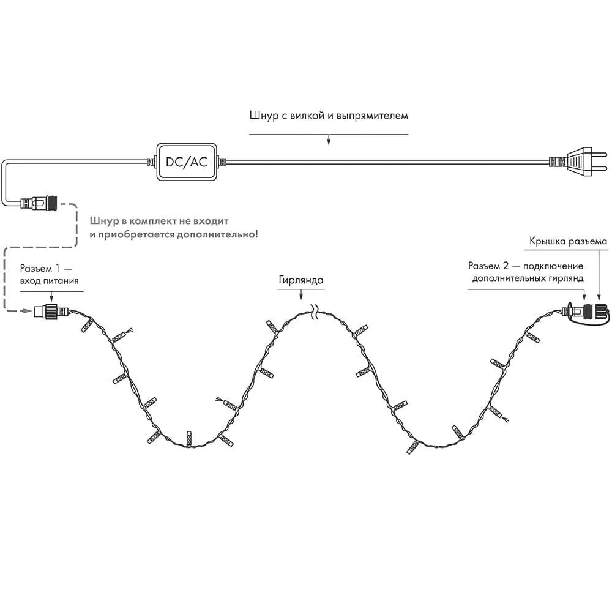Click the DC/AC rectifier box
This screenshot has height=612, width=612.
187,162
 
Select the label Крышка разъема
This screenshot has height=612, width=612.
568,241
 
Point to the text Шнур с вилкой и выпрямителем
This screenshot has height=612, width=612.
329,115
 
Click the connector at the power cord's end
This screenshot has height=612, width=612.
38,201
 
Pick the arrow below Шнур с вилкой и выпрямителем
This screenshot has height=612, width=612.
329,141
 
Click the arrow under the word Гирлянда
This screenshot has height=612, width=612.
300,296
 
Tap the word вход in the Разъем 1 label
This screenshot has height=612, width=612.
33,280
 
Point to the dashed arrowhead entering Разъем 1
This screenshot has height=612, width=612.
27,311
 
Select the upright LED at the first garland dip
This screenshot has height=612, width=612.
189,438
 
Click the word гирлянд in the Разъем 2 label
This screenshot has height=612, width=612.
566,278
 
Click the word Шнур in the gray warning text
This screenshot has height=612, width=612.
103,220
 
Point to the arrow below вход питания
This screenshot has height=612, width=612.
51,296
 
